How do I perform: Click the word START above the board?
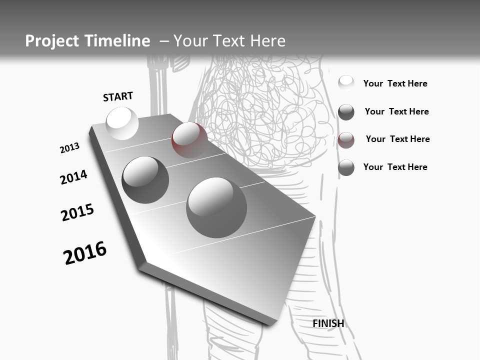118,96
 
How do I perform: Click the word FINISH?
328,323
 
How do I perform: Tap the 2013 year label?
69,148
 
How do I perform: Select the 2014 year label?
73,177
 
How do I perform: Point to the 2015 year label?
77,212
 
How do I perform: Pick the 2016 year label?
85,253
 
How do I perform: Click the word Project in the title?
50,41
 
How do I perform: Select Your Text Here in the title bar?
229,41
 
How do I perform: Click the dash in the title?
164,41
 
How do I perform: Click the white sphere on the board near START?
122,123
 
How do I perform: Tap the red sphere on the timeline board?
189,139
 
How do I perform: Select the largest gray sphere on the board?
216,207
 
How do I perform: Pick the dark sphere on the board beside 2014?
145,179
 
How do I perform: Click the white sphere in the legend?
346,83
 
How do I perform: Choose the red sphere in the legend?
346,140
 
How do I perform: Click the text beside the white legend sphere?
395,83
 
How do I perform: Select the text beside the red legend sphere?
397,139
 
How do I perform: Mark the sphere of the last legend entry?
346,168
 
